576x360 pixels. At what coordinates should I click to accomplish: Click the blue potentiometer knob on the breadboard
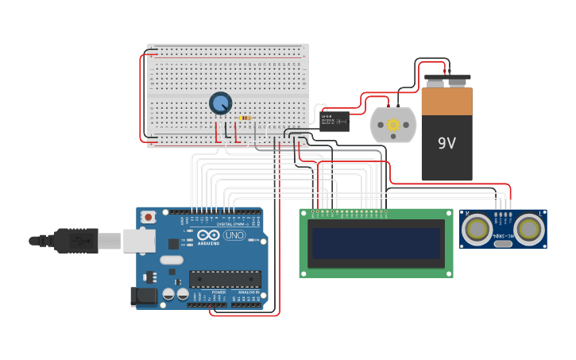(220, 103)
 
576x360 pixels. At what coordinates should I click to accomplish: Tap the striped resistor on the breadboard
(245, 118)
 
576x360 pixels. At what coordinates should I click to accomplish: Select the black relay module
(334, 121)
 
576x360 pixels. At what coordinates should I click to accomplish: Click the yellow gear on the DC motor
(392, 125)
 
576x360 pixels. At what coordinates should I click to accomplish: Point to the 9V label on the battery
(447, 144)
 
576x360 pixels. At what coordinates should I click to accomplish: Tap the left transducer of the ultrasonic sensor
(477, 230)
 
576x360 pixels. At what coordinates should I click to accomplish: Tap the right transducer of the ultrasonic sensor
(529, 230)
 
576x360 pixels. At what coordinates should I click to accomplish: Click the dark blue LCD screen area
(376, 243)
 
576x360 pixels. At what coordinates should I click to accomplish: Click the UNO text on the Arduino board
(234, 235)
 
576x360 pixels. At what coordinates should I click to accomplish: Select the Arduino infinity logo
(208, 235)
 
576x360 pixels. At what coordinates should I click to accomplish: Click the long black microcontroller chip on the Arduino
(225, 279)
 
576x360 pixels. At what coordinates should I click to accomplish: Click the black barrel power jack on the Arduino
(144, 297)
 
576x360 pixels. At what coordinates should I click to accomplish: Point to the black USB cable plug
(76, 239)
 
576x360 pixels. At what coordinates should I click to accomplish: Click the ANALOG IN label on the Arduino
(247, 292)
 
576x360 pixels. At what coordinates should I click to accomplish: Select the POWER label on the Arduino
(218, 292)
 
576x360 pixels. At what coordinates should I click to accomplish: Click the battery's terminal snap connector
(446, 80)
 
